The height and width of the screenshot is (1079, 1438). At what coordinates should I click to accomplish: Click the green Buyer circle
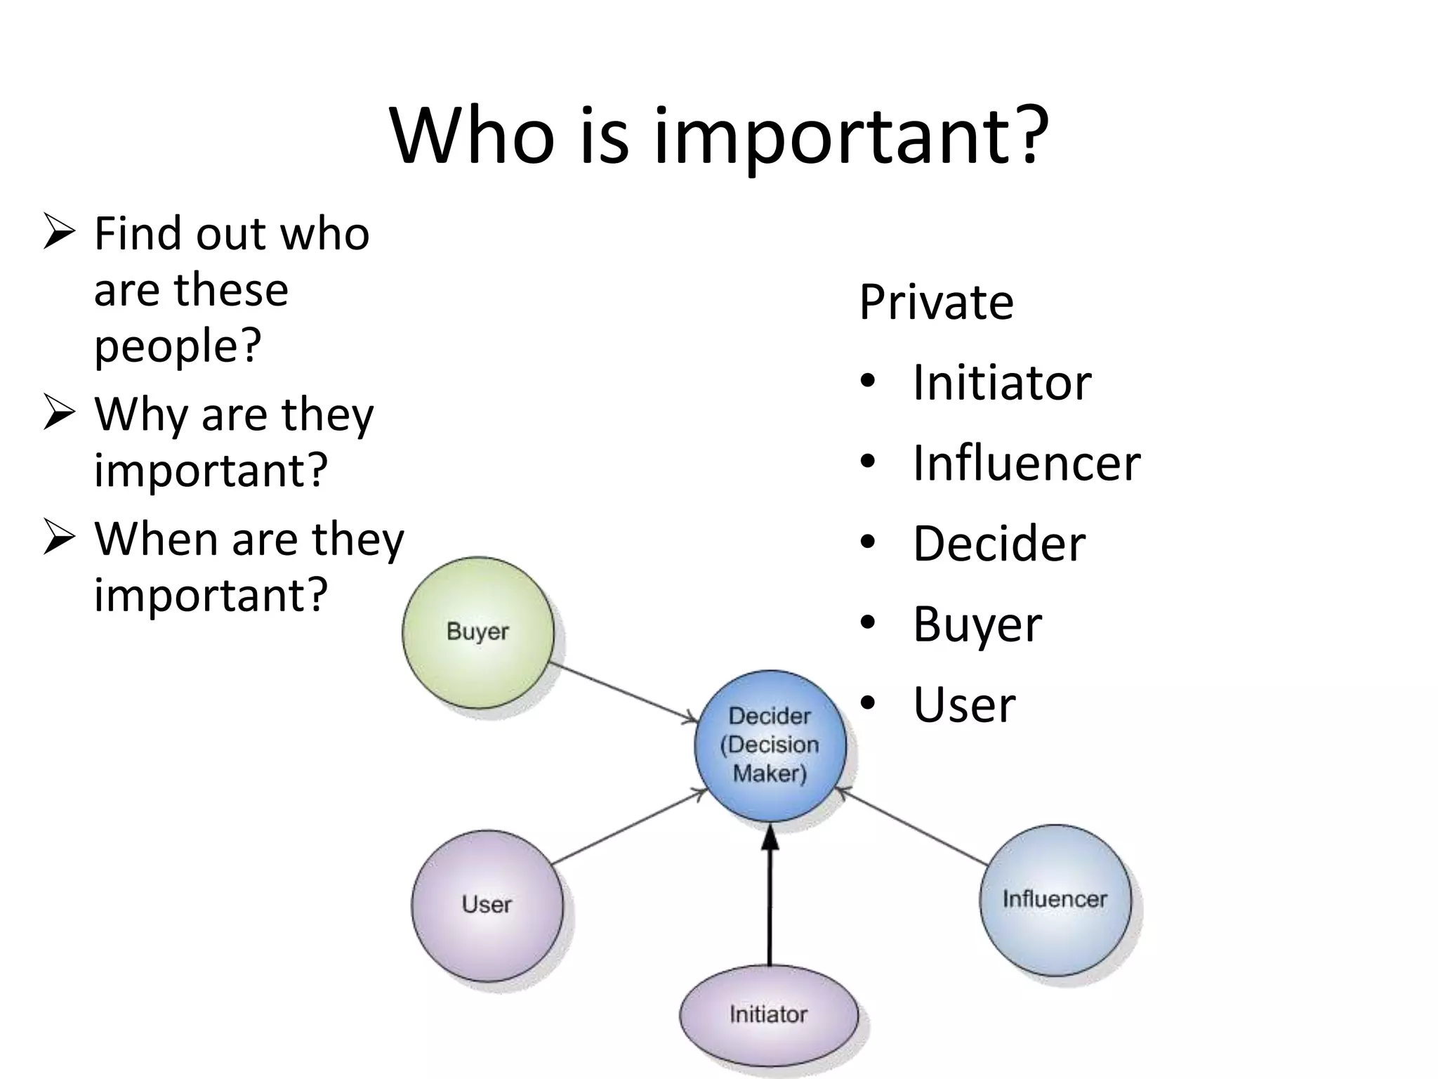(478, 632)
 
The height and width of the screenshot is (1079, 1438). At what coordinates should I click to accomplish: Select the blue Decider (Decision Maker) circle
(770, 745)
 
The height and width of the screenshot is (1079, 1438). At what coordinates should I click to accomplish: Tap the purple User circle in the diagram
(487, 905)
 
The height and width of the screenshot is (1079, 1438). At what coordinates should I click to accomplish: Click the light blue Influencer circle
(1055, 900)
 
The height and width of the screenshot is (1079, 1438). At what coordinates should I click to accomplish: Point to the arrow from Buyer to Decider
(621, 691)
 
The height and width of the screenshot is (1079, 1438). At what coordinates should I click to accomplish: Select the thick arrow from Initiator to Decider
(770, 899)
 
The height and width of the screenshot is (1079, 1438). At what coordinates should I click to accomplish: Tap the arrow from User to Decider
(628, 827)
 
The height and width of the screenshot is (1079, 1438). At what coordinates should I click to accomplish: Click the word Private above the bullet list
(936, 302)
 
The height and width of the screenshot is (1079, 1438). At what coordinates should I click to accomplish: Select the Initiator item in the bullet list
(1001, 383)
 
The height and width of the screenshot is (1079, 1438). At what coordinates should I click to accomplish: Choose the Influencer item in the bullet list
(1026, 464)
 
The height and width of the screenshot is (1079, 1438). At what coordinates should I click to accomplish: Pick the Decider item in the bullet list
(998, 544)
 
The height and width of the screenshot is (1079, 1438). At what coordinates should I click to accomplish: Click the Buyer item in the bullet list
(977, 624)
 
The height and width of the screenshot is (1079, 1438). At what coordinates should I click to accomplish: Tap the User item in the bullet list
(964, 705)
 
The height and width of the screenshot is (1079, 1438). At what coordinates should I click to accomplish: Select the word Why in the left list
(141, 414)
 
